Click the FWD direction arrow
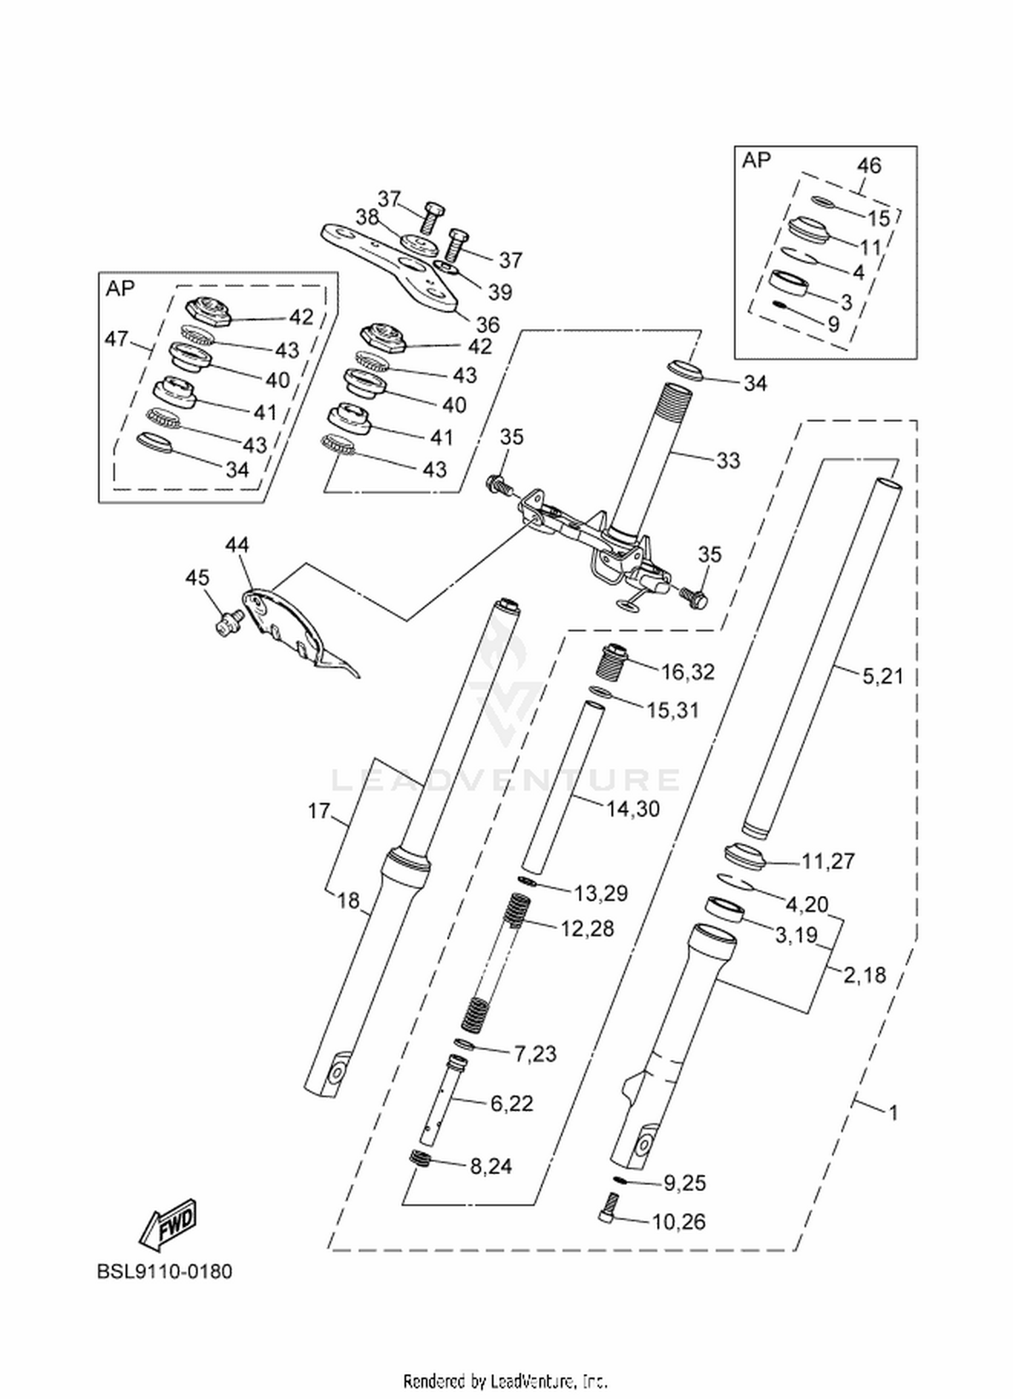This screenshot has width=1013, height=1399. [x=167, y=1223]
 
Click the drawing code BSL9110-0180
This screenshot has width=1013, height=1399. [x=165, y=1271]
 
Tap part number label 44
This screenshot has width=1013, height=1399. [x=237, y=544]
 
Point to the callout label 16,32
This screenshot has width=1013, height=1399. [x=687, y=672]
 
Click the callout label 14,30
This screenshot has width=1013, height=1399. [x=633, y=808]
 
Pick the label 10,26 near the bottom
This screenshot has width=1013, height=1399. [x=679, y=1221]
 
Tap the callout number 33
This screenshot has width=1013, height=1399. [x=728, y=460]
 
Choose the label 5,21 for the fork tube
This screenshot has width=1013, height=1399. [x=883, y=675]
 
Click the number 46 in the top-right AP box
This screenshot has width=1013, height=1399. [x=869, y=165]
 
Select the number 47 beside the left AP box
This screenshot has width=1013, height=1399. [x=118, y=338]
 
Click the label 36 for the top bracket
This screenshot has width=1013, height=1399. [x=488, y=325]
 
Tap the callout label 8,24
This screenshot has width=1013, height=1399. [x=491, y=1166]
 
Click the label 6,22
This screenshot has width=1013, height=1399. [x=511, y=1103]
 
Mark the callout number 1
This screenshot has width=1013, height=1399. [x=893, y=1112]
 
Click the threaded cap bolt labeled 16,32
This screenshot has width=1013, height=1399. [x=614, y=657]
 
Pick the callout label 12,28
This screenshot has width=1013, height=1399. [x=588, y=928]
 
